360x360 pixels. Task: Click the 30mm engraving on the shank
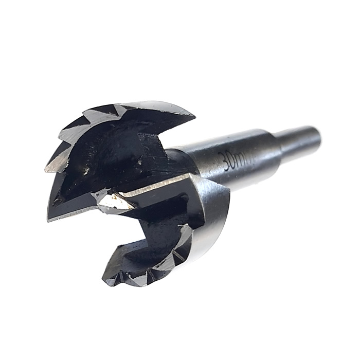[x=237, y=160]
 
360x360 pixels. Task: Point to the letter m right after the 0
[x=244, y=159]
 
